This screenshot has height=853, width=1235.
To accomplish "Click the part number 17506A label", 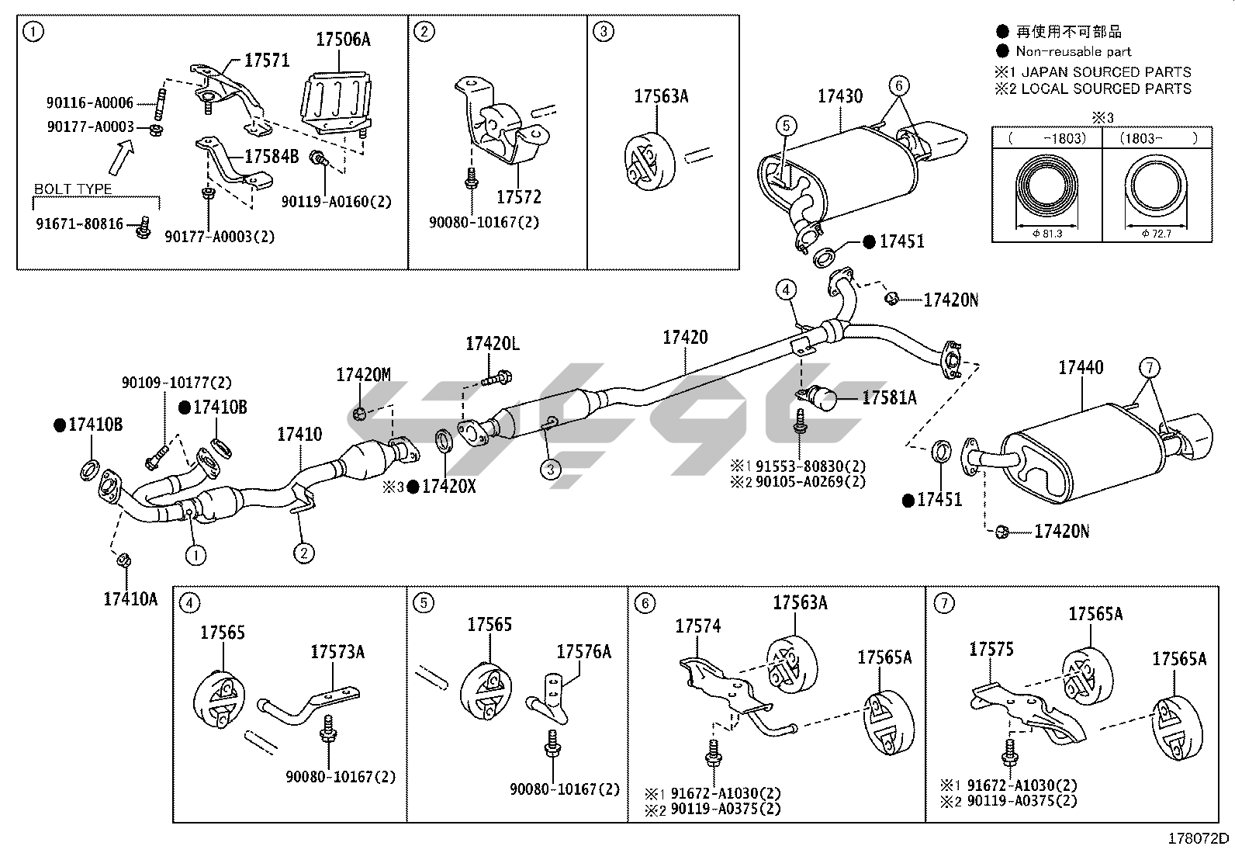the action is point(343,40).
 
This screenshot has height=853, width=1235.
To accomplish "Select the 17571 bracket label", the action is point(267,60).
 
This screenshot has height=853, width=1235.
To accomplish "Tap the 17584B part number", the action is point(272,157).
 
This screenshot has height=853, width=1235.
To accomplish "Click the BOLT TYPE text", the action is point(73,189).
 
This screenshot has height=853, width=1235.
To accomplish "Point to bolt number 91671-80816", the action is point(80,224).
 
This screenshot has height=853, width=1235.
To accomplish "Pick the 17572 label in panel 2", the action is point(519,197).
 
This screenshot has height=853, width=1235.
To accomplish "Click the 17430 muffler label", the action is point(839,96).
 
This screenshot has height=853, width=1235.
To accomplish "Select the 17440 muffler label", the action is point(1081,367).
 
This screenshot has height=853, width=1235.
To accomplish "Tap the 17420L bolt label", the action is point(493,344).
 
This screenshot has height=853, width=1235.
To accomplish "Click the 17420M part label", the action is point(363,375).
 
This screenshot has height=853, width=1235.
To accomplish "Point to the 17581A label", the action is point(889,397).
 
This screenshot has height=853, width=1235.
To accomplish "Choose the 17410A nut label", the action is point(130,598).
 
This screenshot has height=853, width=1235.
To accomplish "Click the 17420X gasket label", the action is point(449,487).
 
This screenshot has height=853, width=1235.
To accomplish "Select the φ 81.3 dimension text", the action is point(1047,234).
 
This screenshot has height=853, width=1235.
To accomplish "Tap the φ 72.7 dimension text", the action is point(1156,234).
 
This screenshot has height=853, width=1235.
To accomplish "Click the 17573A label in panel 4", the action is point(337,652).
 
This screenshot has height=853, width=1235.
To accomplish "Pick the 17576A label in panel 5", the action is point(584,652).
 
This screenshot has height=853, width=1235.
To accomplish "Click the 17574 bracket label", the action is point(698,626).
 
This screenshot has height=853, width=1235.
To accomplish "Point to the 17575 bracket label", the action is point(991,650).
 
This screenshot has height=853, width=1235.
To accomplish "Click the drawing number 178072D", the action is point(1198,839).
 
